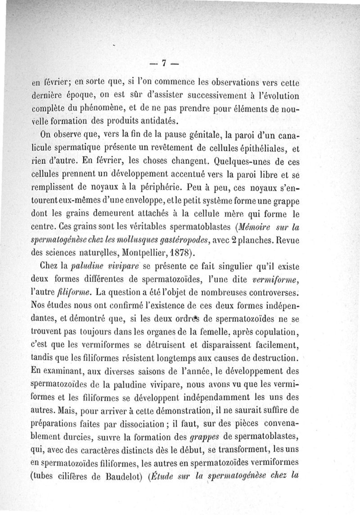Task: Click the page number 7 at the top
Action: click(x=165, y=63)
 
